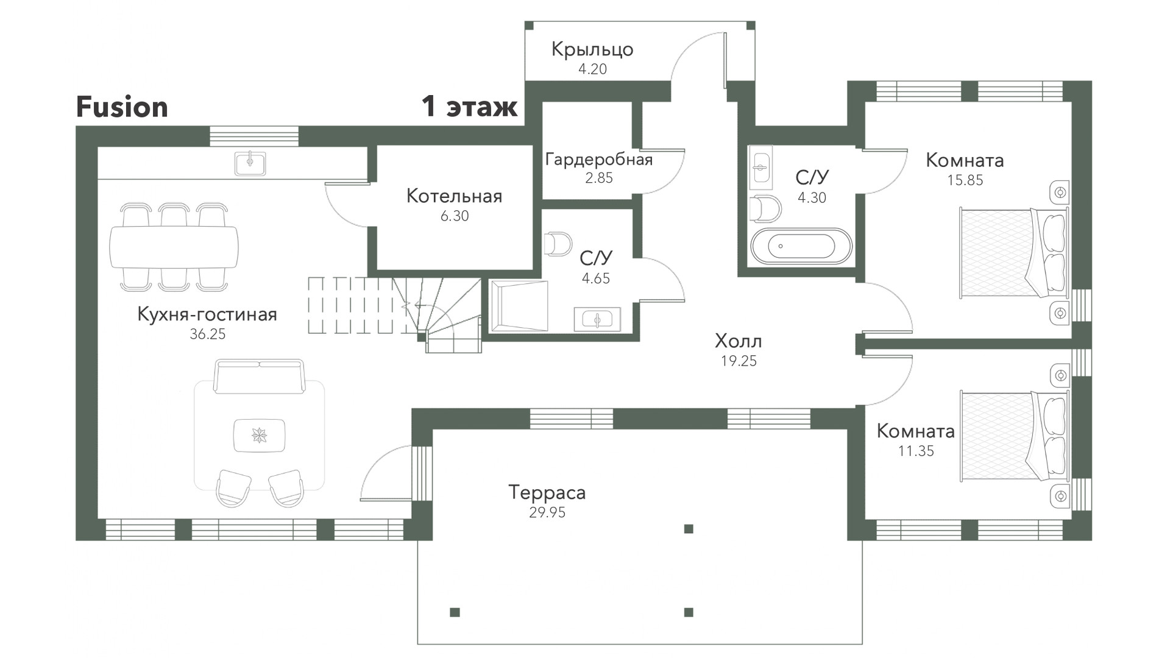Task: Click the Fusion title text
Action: click(x=122, y=107)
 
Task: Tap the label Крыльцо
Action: click(x=592, y=49)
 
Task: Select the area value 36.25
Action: click(x=208, y=334)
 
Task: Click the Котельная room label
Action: click(x=455, y=196)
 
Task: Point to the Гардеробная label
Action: click(x=599, y=160)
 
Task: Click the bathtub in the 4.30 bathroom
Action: click(x=801, y=247)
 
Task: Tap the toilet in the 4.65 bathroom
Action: click(x=558, y=244)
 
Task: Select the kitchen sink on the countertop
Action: click(x=250, y=163)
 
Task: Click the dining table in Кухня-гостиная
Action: click(x=174, y=247)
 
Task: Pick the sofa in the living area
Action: click(x=259, y=376)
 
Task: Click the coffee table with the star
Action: click(x=260, y=436)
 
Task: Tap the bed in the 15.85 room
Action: click(x=1014, y=253)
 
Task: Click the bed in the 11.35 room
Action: click(x=1014, y=436)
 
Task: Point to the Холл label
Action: click(x=739, y=341)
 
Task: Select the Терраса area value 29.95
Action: click(x=547, y=512)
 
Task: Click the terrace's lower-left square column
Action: click(x=455, y=612)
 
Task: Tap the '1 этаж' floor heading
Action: click(x=470, y=107)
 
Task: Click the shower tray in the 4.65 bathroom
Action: click(x=519, y=306)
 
